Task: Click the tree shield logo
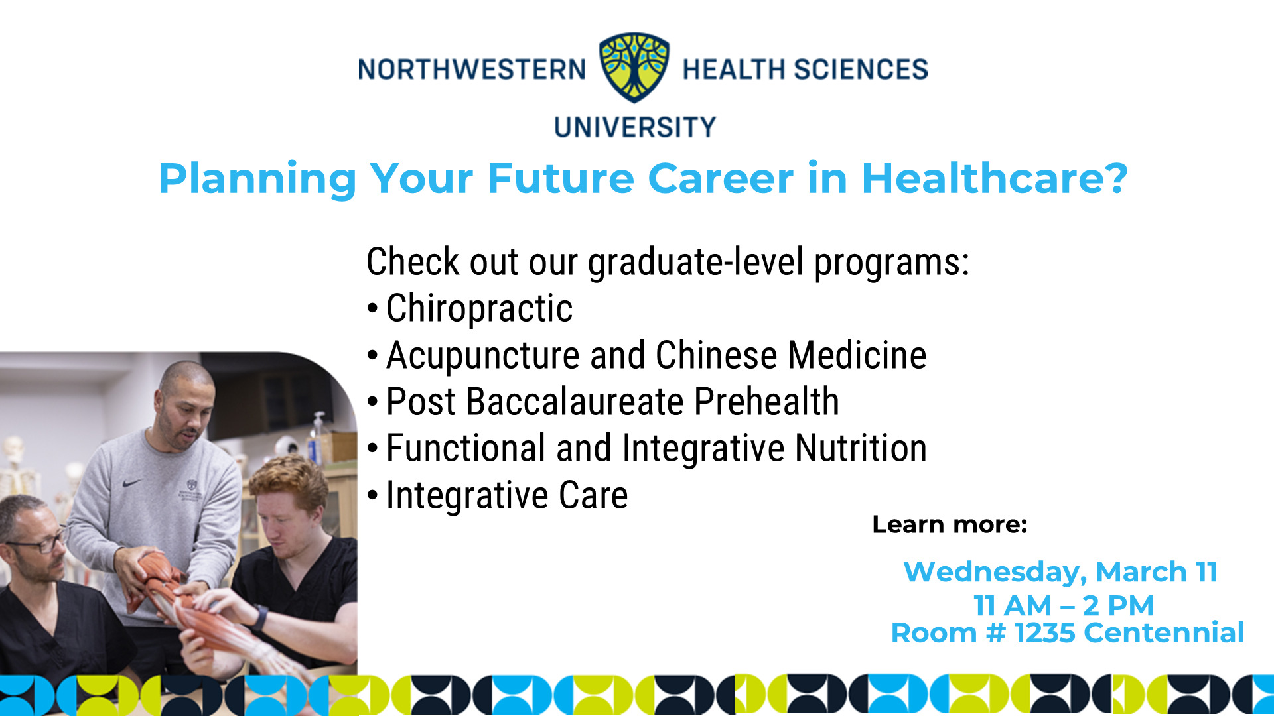point(634,68)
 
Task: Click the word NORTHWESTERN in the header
point(472,70)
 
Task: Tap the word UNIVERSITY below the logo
point(635,127)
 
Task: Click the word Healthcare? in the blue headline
point(995,178)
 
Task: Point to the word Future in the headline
point(561,178)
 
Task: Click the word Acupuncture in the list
point(482,356)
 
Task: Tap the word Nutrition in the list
point(861,448)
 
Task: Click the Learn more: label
point(950,524)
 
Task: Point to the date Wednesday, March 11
point(1060,571)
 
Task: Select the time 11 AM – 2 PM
point(1064,605)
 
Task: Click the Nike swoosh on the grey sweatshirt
point(133,483)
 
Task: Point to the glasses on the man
point(41,541)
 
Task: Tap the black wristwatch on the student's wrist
point(259,617)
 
